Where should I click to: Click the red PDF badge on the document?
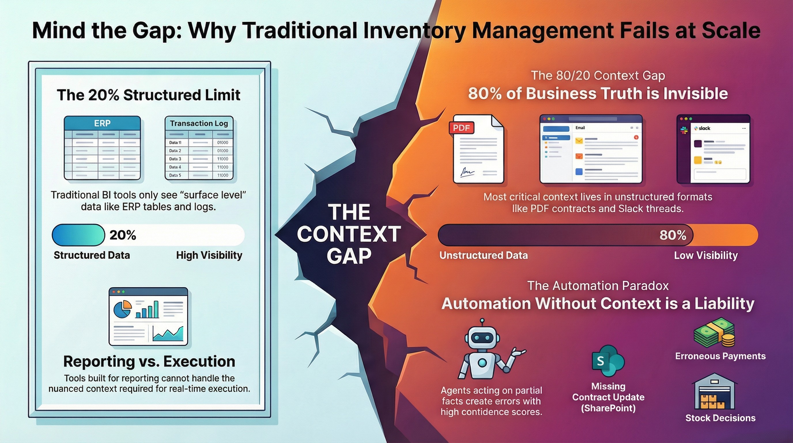pos(461,128)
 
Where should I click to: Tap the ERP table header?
pos(102,123)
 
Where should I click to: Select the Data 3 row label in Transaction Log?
pos(175,159)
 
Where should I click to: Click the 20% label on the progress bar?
pos(123,235)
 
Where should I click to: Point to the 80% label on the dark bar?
pos(673,235)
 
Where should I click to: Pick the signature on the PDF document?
pos(467,171)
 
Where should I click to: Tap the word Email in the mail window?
pos(580,127)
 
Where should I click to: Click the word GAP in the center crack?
pos(349,256)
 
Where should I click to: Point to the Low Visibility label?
pos(706,255)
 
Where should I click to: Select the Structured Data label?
pos(92,255)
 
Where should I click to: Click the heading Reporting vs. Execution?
pos(149,361)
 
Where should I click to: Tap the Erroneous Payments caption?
pos(720,356)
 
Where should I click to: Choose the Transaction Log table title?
pos(199,123)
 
